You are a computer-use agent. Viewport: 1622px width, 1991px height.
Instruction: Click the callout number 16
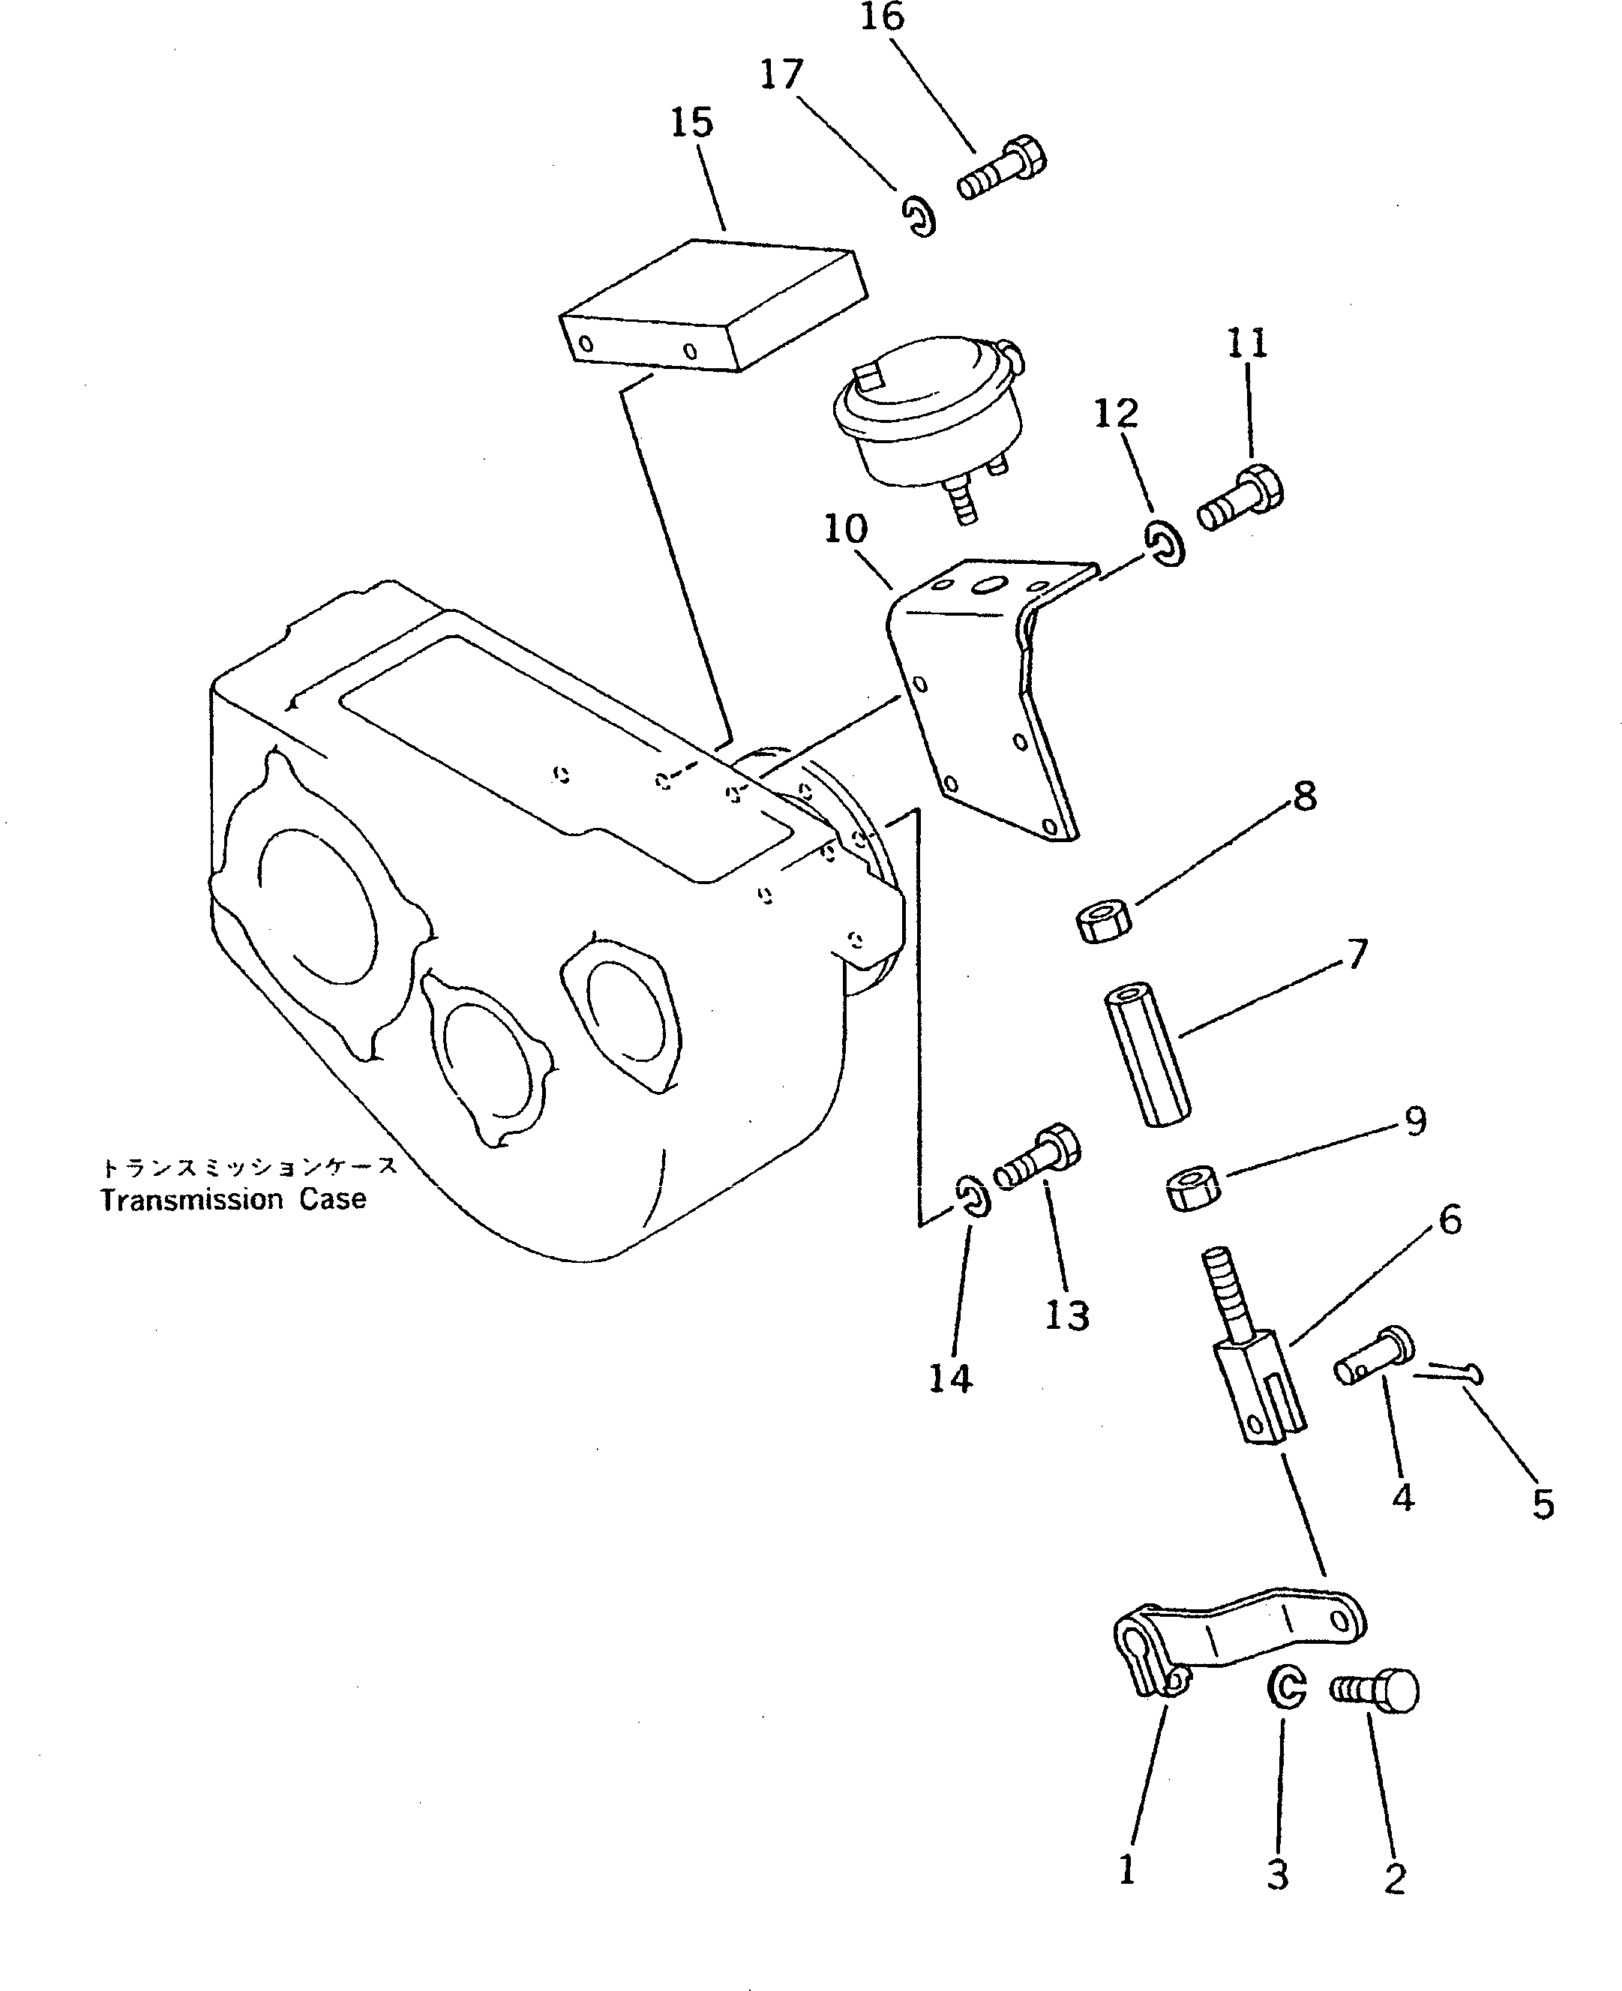(x=882, y=18)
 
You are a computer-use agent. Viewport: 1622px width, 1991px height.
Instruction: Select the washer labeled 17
(x=919, y=216)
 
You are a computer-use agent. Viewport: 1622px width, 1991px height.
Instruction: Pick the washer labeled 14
(x=973, y=1198)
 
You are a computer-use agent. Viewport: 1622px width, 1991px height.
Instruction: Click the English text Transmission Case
(x=232, y=1200)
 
